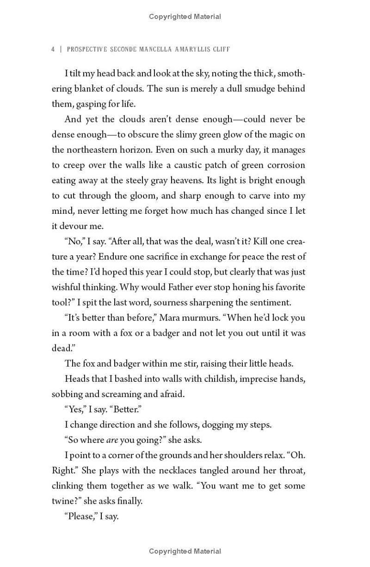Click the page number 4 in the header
[53, 49]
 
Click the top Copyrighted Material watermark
[185, 17]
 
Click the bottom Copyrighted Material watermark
[185, 551]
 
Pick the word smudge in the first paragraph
[257, 89]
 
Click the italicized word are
[112, 440]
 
